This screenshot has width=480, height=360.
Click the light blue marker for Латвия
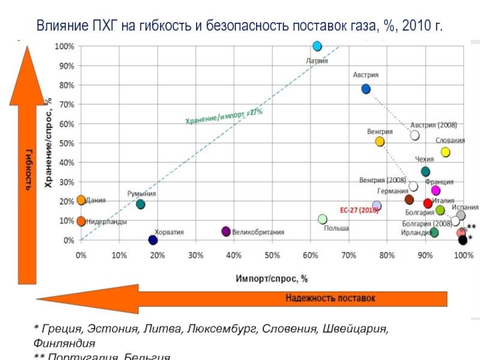[x=317, y=46]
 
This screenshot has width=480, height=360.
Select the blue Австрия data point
[x=366, y=89]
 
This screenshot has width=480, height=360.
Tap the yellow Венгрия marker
[x=380, y=142]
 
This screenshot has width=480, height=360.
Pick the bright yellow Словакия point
[x=445, y=152]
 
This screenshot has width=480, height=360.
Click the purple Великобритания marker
[x=226, y=232]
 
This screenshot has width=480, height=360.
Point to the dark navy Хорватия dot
[x=153, y=240]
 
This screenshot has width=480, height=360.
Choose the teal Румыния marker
[x=140, y=204]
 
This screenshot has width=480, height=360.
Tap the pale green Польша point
[x=323, y=219]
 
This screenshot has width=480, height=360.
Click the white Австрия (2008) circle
[x=415, y=136]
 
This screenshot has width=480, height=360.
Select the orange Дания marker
[x=82, y=200]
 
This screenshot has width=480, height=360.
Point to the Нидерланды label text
[x=106, y=221]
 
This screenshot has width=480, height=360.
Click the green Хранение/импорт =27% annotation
[x=223, y=115]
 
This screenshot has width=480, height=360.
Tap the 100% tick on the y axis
[x=65, y=46]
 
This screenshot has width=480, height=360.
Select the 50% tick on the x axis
[x=272, y=255]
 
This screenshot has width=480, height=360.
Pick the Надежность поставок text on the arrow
[x=330, y=298]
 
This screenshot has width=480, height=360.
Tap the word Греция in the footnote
[x=58, y=329]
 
